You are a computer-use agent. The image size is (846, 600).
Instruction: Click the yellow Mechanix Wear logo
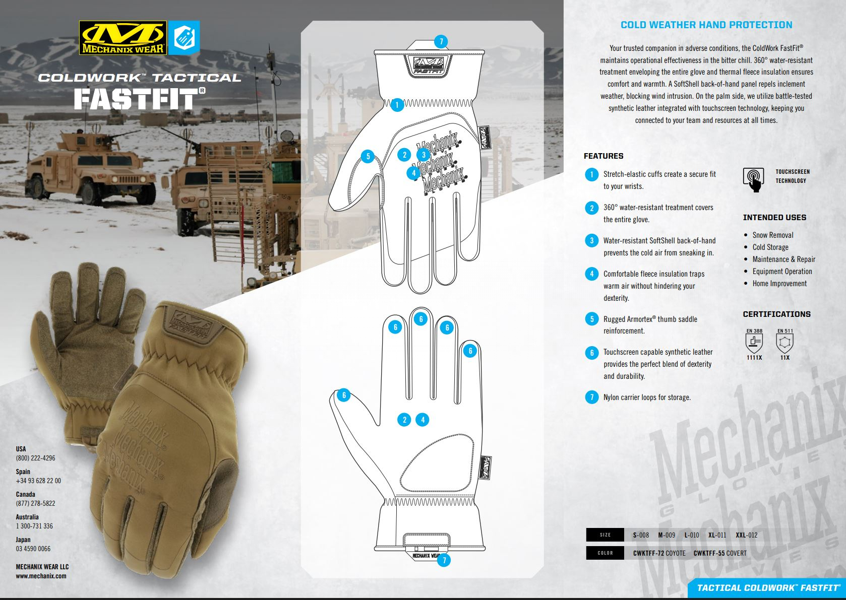click(x=123, y=38)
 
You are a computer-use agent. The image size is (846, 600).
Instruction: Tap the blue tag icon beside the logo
click(x=184, y=38)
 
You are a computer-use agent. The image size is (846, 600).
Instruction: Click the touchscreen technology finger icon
click(x=753, y=180)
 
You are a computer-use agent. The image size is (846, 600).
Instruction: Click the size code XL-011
click(x=717, y=535)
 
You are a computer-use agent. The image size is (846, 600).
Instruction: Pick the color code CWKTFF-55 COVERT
click(x=720, y=553)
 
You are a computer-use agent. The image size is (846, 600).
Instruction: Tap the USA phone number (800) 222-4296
click(x=35, y=458)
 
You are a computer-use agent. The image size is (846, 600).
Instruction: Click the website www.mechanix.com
click(x=41, y=576)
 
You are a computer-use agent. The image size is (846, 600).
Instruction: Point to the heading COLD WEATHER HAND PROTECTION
click(x=706, y=25)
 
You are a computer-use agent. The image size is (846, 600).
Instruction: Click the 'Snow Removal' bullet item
click(x=773, y=235)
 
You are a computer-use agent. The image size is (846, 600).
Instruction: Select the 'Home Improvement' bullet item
click(x=779, y=284)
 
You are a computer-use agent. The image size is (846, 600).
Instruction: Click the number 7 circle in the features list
click(x=592, y=397)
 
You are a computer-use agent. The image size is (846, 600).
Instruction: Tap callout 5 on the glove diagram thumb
click(x=368, y=157)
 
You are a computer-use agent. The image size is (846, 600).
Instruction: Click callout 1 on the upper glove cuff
click(x=397, y=105)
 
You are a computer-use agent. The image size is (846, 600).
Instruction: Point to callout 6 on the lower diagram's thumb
click(x=344, y=395)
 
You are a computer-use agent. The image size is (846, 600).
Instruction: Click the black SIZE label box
click(x=605, y=535)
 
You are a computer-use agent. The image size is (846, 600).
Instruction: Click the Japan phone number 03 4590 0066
click(x=33, y=549)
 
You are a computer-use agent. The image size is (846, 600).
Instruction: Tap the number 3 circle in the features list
click(x=592, y=241)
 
